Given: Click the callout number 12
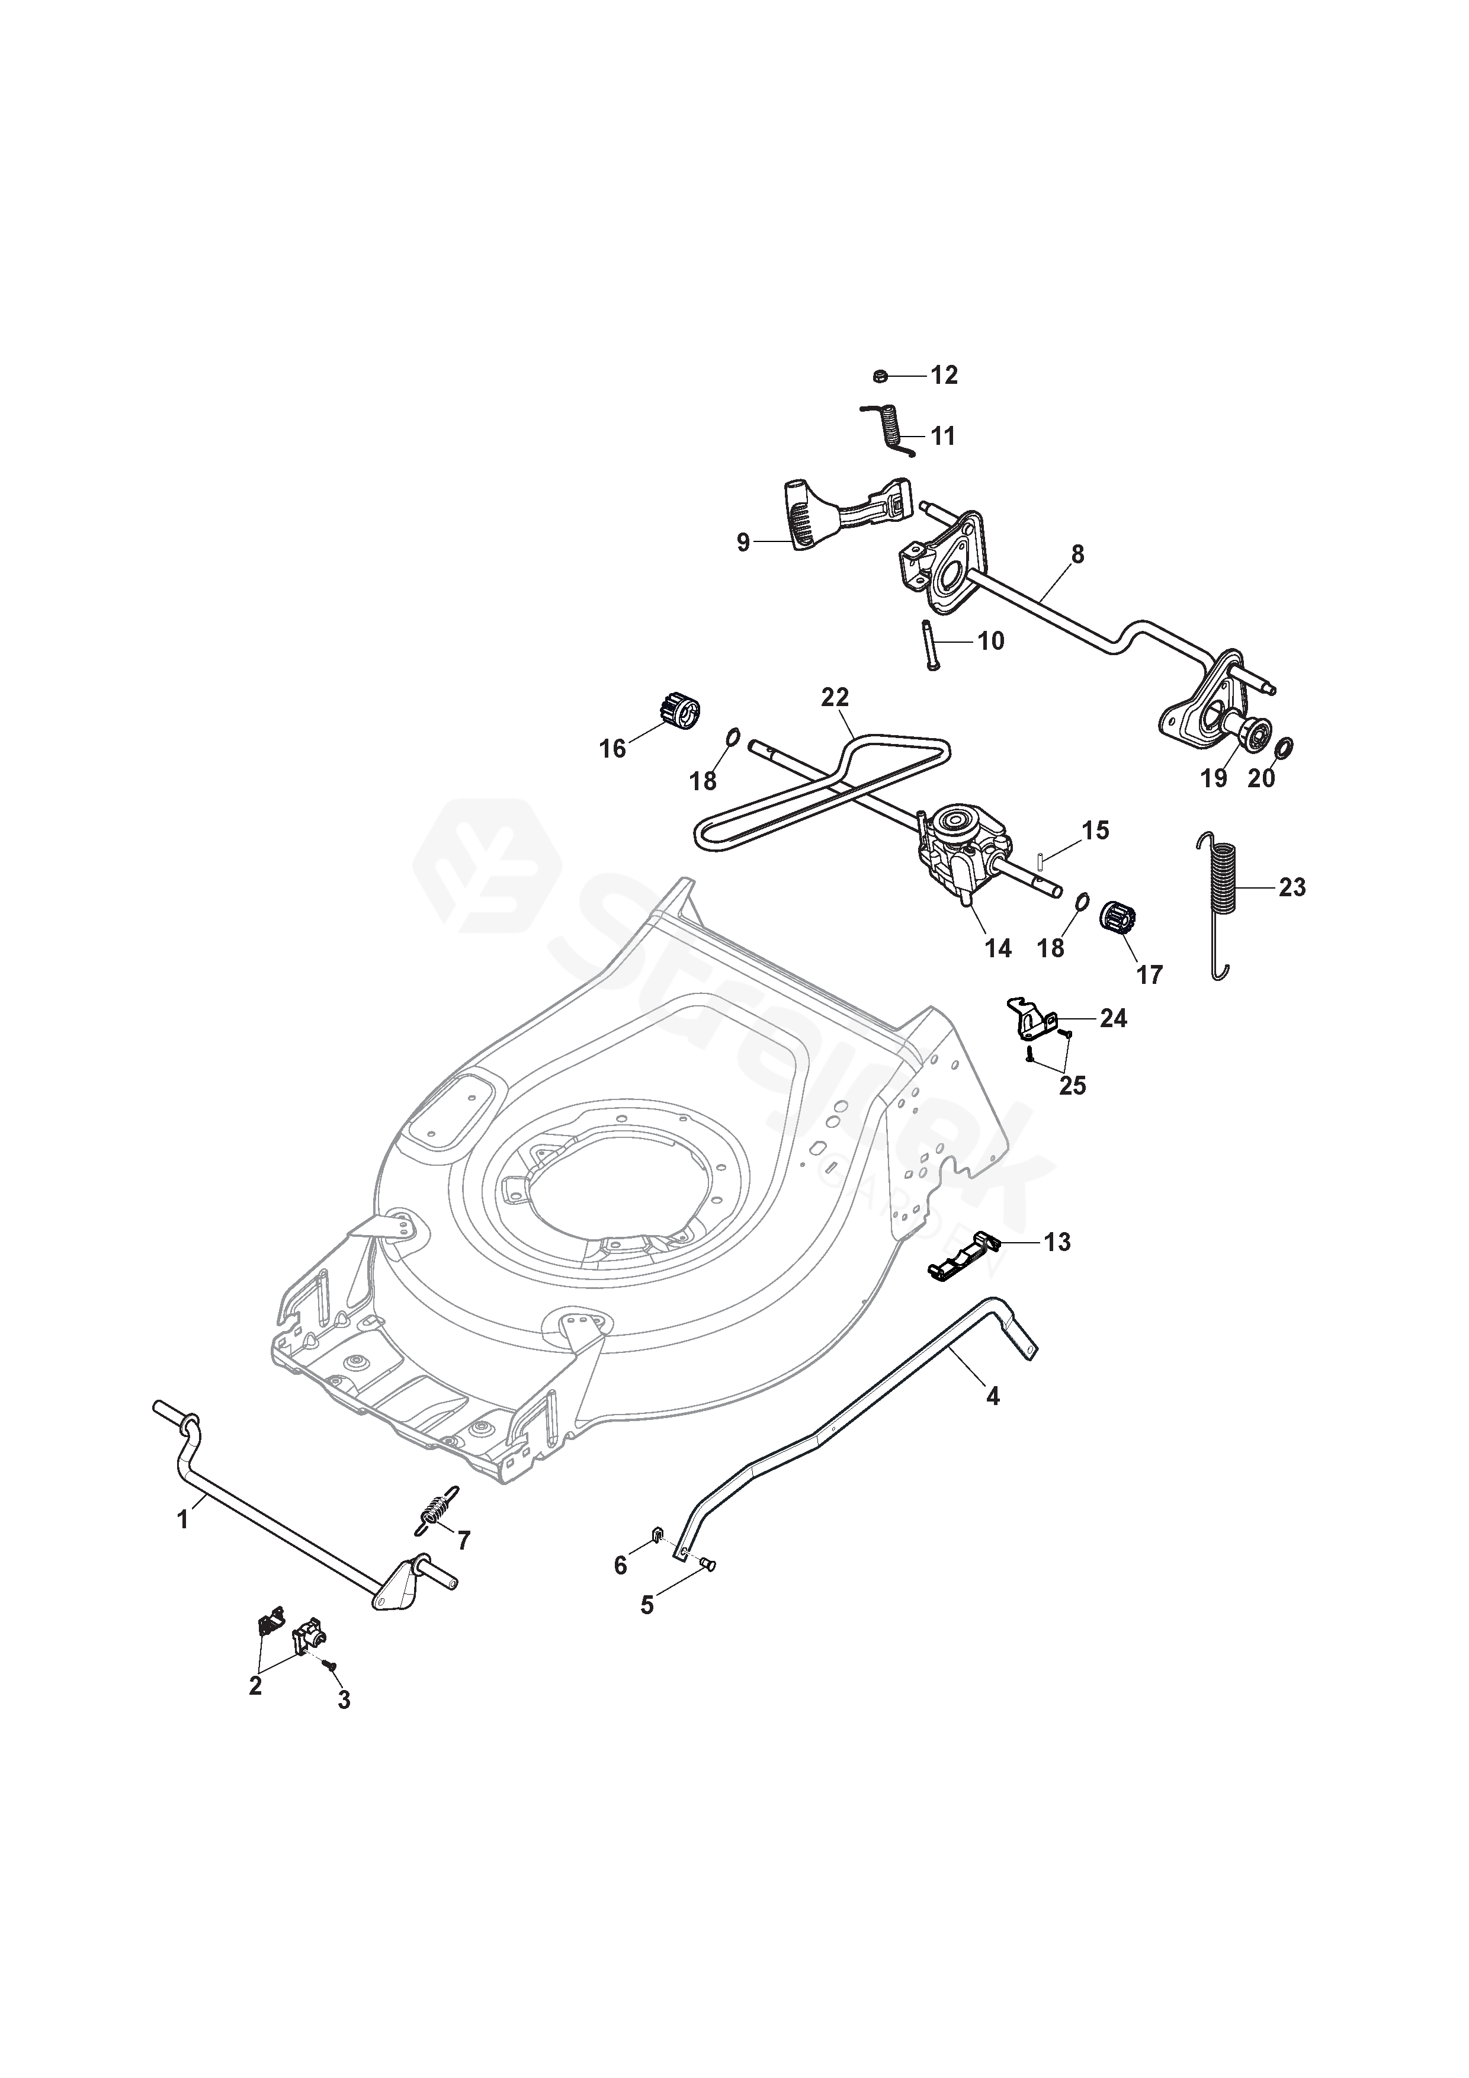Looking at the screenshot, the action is click(x=944, y=376).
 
